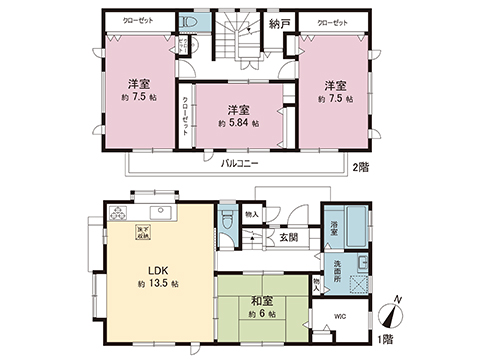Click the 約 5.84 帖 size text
click(x=238, y=123)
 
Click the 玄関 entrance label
click(x=289, y=237)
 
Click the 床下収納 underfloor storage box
click(x=158, y=232)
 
